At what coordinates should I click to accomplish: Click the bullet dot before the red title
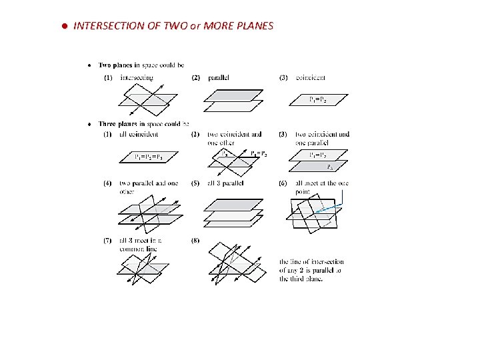pyautogui.click(x=65, y=26)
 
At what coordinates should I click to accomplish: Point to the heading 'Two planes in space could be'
pyautogui.click(x=141, y=65)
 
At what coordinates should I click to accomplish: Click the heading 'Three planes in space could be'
pyautogui.click(x=143, y=123)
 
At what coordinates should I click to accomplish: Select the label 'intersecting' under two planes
pyautogui.click(x=137, y=77)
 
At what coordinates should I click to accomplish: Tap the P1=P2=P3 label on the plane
pyautogui.click(x=148, y=157)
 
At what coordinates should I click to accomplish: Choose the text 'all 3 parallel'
pyautogui.click(x=225, y=183)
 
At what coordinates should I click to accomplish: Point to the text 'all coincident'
pyautogui.click(x=139, y=134)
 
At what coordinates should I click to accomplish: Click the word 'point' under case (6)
pyautogui.click(x=302, y=191)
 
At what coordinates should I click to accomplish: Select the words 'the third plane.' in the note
pyautogui.click(x=301, y=279)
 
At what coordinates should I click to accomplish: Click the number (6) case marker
pyautogui.click(x=284, y=183)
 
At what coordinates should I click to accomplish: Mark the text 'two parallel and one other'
pyautogui.click(x=149, y=187)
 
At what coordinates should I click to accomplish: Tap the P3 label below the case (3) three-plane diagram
pyautogui.click(x=329, y=167)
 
